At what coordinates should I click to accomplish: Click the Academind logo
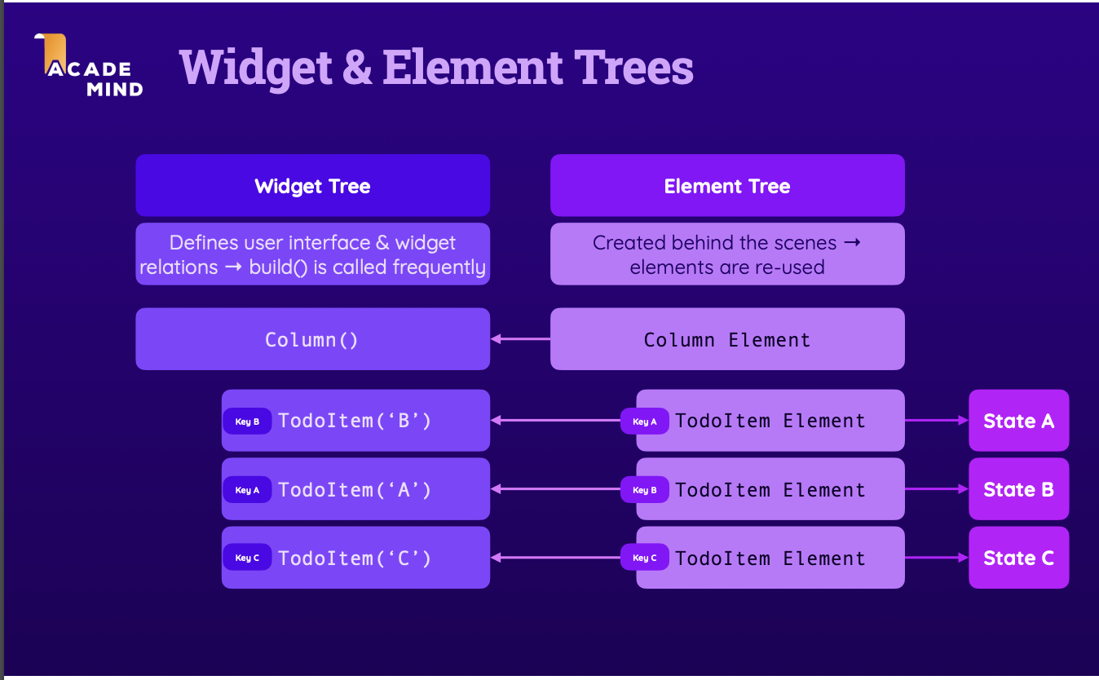click(x=88, y=64)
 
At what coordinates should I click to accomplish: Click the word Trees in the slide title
click(x=633, y=67)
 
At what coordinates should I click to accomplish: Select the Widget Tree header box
click(x=312, y=185)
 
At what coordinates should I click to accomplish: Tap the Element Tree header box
click(x=727, y=185)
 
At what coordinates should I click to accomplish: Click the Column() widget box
click(x=312, y=339)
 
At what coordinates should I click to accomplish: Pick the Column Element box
click(x=727, y=339)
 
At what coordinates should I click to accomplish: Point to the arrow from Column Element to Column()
click(x=520, y=339)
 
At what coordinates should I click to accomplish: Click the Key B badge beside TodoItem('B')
click(x=247, y=421)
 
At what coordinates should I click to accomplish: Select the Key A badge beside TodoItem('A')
click(x=247, y=490)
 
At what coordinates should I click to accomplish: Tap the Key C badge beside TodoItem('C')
click(x=247, y=558)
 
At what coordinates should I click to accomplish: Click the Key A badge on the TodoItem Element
click(x=645, y=421)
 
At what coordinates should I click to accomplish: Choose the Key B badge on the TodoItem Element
click(x=645, y=490)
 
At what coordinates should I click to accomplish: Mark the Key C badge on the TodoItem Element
click(x=645, y=558)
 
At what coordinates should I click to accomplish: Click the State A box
click(x=1018, y=421)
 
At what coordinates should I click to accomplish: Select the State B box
click(x=1018, y=488)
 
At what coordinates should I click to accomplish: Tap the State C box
click(x=1018, y=558)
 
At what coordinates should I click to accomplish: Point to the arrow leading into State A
click(x=937, y=421)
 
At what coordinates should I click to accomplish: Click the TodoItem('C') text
click(x=354, y=559)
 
